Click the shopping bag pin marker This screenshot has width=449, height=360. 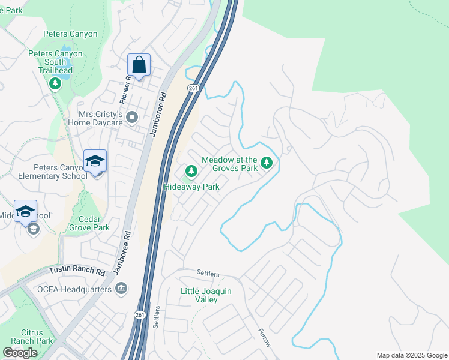pyautogui.click(x=139, y=65)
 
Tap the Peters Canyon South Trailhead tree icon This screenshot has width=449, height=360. pyautogui.click(x=55, y=83)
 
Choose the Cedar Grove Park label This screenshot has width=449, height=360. pyautogui.click(x=88, y=223)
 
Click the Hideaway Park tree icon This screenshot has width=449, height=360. pyautogui.click(x=191, y=172)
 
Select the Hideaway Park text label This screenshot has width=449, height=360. pyautogui.click(x=191, y=187)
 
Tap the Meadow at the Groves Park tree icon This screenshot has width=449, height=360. pyautogui.click(x=267, y=163)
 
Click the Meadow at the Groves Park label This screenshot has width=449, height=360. pyautogui.click(x=230, y=164)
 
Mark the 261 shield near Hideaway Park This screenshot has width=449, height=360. pyautogui.click(x=192, y=88)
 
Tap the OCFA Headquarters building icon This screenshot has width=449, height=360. pyautogui.click(x=122, y=289)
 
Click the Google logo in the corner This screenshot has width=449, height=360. pyautogui.click(x=20, y=353)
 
